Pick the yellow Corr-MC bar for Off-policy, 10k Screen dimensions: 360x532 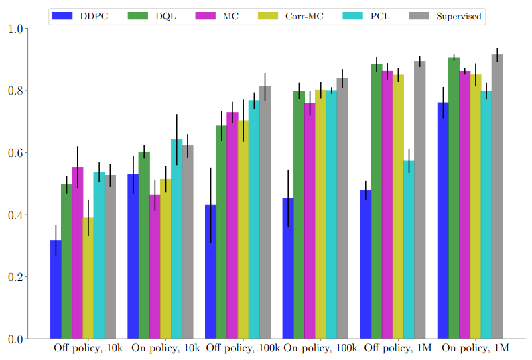[x=88, y=278]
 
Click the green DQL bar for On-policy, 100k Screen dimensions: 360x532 [x=299, y=215]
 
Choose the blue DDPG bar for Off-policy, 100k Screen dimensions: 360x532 [x=210, y=272]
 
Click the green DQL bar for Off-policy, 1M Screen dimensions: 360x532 [x=377, y=201]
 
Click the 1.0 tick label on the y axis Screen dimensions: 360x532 [x=15, y=29]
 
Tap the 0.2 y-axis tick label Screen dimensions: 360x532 [x=15, y=277]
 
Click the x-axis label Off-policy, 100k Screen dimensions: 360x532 [x=243, y=349]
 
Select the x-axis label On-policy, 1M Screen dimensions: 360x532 [x=476, y=349]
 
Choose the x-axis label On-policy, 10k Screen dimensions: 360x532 [x=165, y=349]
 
